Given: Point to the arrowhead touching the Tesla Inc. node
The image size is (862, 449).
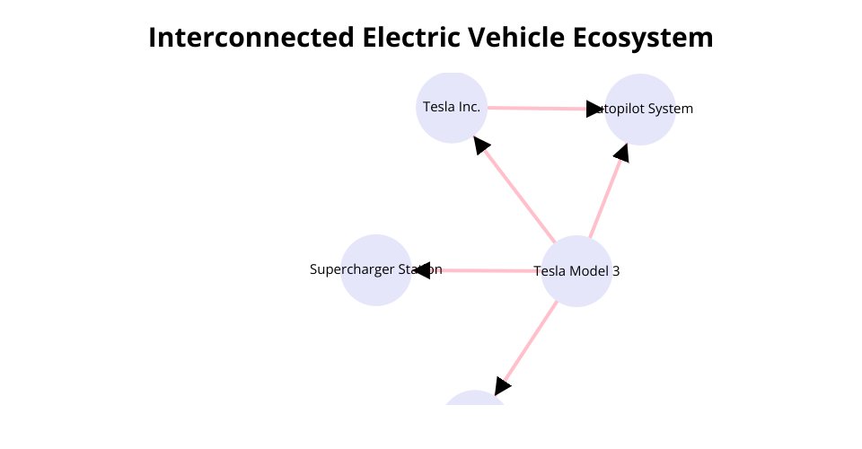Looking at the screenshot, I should click(x=481, y=145).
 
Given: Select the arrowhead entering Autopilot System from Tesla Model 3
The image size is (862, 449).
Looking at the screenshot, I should click(x=620, y=154).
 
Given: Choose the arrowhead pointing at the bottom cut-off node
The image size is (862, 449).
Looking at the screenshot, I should click(x=501, y=386).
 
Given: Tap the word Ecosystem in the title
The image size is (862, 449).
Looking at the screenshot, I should click(x=644, y=38).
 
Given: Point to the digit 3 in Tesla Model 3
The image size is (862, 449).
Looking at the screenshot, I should click(x=616, y=270).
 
